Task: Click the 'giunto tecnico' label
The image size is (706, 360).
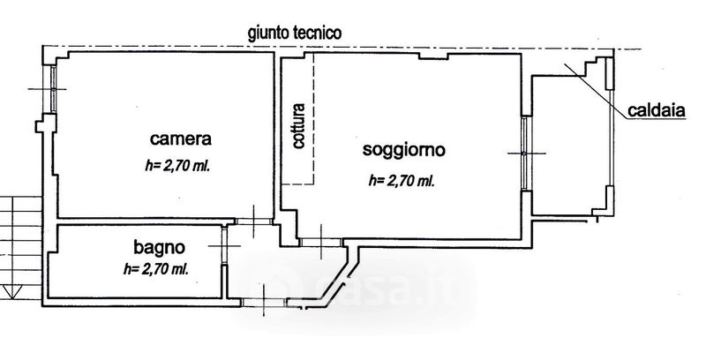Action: coord(295,34)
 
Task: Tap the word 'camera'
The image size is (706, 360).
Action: coord(181,139)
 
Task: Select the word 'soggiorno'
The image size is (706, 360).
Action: coord(404,150)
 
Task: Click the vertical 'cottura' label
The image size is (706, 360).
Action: coord(298,126)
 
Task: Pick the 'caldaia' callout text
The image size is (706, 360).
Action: coord(657,110)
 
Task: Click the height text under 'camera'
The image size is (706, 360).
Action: coord(178,167)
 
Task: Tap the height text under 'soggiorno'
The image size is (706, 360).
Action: coord(402,181)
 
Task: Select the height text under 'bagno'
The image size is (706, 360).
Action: coord(156,269)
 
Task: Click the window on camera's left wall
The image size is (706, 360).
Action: coord(53,89)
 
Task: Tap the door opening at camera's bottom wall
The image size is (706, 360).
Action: coord(254,221)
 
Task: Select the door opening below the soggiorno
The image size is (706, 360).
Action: coord(321,242)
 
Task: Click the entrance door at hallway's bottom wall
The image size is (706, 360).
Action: coord(264,302)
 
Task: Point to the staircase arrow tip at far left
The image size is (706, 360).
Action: coord(11,298)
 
